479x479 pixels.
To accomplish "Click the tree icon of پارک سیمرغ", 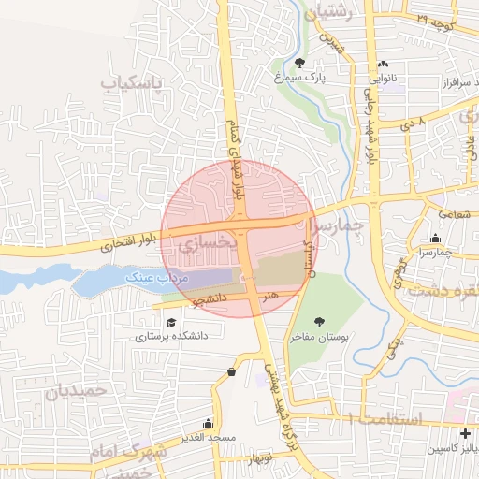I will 299,63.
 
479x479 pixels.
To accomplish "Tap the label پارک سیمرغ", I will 298,80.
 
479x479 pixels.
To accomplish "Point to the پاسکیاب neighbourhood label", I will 131,83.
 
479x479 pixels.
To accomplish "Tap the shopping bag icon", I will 231,373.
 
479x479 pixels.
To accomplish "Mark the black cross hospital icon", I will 465,432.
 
